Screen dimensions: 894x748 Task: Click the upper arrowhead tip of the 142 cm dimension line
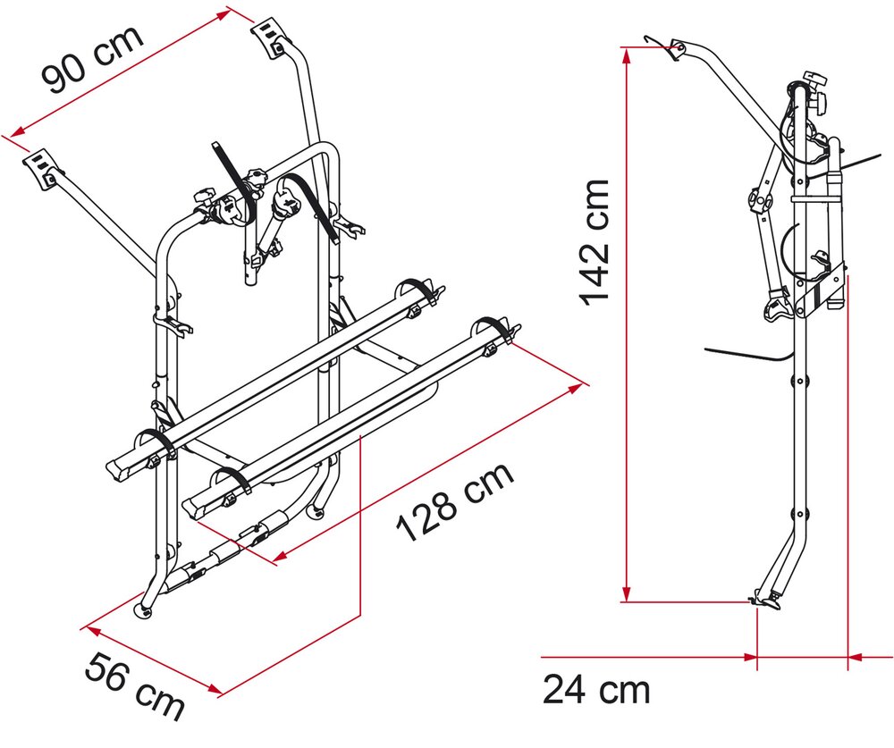627,49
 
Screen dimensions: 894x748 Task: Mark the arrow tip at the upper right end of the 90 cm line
232,11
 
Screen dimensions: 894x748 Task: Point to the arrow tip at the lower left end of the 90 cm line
10,136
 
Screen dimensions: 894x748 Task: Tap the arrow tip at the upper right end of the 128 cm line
583,385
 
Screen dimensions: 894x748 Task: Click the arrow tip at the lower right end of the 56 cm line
223,693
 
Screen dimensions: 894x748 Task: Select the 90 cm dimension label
92,59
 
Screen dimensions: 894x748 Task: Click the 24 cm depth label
595,689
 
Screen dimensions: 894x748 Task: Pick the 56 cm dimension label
135,686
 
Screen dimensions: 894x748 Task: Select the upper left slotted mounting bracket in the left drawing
42,168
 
